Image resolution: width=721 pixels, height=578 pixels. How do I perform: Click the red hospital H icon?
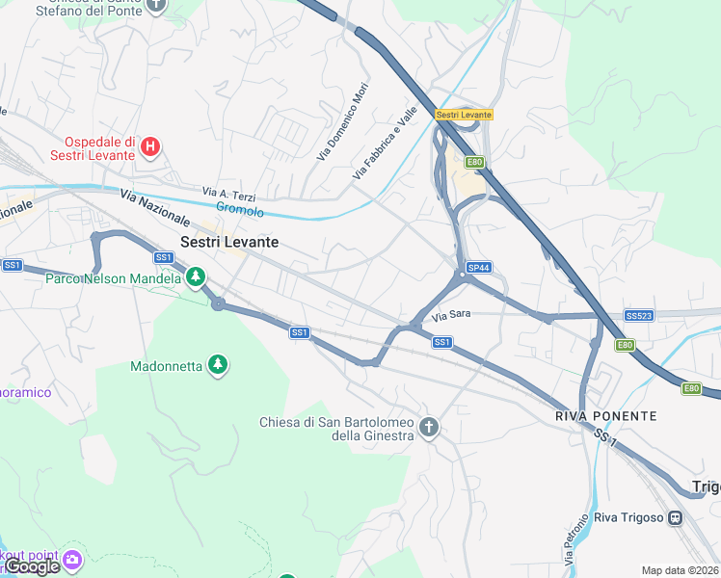[149, 147]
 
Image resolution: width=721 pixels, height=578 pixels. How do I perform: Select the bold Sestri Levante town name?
[229, 243]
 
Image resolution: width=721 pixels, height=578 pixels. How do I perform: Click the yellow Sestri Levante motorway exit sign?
[464, 115]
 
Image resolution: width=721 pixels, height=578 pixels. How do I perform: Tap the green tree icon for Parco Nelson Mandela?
[196, 277]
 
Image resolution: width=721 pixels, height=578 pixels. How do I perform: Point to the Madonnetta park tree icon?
[218, 366]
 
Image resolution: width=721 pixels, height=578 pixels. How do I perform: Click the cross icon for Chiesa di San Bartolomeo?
[429, 427]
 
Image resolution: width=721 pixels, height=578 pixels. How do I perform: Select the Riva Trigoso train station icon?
[675, 517]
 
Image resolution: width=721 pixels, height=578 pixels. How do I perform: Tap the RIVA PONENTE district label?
[605, 416]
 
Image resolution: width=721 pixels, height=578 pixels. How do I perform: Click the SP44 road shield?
[478, 267]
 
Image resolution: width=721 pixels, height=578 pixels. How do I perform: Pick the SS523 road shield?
[638, 316]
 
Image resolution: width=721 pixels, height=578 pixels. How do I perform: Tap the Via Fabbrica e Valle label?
[385, 143]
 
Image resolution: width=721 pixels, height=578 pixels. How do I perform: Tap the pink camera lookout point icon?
[71, 560]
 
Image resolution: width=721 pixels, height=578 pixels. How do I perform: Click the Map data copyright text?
[681, 570]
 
